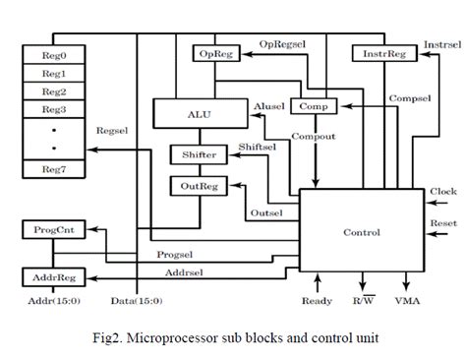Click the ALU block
200,113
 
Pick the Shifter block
200,155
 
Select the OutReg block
200,184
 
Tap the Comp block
314,105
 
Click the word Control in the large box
360,234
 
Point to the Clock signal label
443,191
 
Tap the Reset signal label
443,224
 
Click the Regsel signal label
109,129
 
